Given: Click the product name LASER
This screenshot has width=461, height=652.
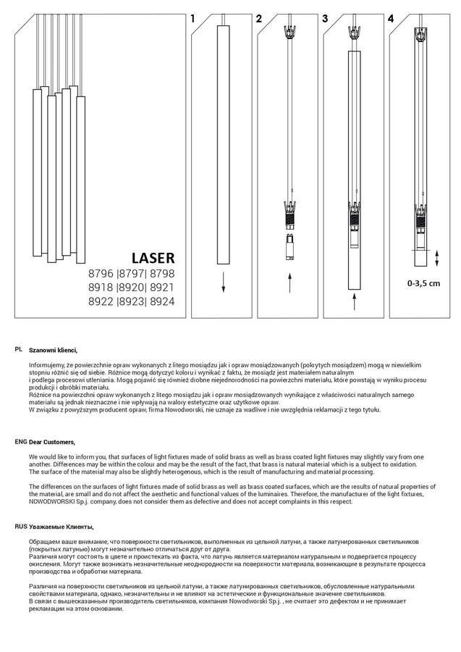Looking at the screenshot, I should point(153,257).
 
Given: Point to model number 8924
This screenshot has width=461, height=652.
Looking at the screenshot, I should point(163,301).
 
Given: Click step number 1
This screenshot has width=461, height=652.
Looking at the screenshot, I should point(193,19).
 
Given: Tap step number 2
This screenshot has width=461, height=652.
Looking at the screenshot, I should point(259,19).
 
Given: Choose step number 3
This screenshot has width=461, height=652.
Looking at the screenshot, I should point(325,19).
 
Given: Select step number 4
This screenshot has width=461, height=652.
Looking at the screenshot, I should point(392,19).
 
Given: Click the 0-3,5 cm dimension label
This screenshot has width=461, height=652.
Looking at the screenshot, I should point(423,283).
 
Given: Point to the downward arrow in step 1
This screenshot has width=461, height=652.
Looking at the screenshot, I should point(223,282).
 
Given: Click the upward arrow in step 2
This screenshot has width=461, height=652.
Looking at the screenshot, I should point(289,282).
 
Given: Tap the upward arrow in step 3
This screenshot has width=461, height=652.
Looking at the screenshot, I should point(355,301).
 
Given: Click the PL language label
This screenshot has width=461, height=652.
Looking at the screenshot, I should point(19,349).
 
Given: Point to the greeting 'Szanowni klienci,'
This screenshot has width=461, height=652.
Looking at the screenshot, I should point(53,350).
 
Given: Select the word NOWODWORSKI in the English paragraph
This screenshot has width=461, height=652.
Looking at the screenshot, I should point(51,501).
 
